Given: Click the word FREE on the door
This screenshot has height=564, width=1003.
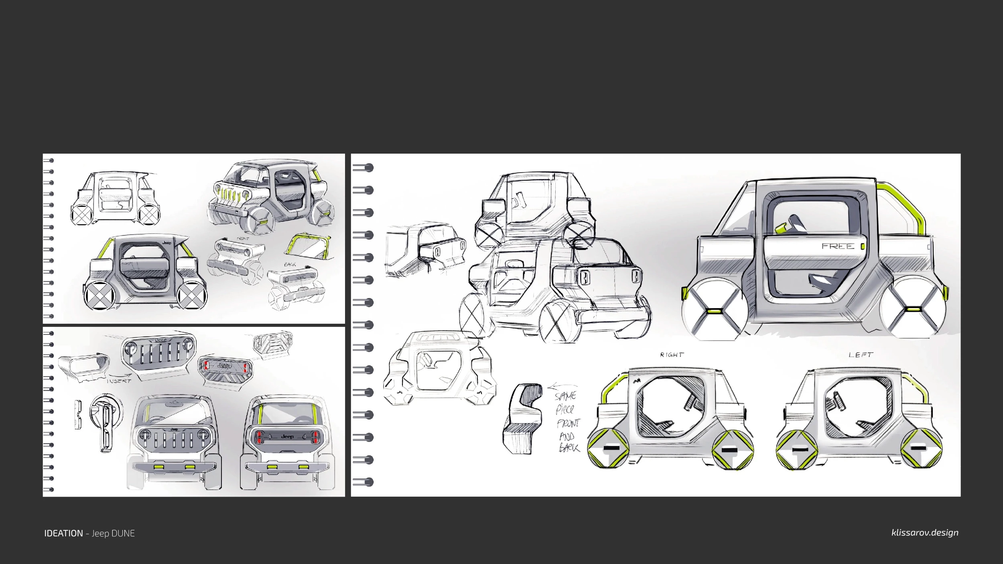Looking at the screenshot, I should pos(838,246).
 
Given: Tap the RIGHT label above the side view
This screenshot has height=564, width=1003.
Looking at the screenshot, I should pos(672,355).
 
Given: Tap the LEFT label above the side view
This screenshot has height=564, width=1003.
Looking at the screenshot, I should pos(861,355).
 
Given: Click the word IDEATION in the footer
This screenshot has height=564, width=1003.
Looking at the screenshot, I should pos(63,534).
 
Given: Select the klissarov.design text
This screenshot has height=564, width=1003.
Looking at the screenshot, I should pos(925,533).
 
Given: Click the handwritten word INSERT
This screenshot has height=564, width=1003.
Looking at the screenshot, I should pos(119,381).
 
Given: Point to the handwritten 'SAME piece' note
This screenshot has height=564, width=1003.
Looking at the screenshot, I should pos(566,403).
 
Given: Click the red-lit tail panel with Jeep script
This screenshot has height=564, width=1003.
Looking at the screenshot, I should pos(225,366).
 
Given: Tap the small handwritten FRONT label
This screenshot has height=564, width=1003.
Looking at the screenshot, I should pos(243,239).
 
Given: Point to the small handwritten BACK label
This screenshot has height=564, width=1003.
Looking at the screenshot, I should pos(290,265).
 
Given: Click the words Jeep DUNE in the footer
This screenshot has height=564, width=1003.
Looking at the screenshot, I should pos(113,534).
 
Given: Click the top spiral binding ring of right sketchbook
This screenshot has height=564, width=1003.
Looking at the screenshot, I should pos(363,168).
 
